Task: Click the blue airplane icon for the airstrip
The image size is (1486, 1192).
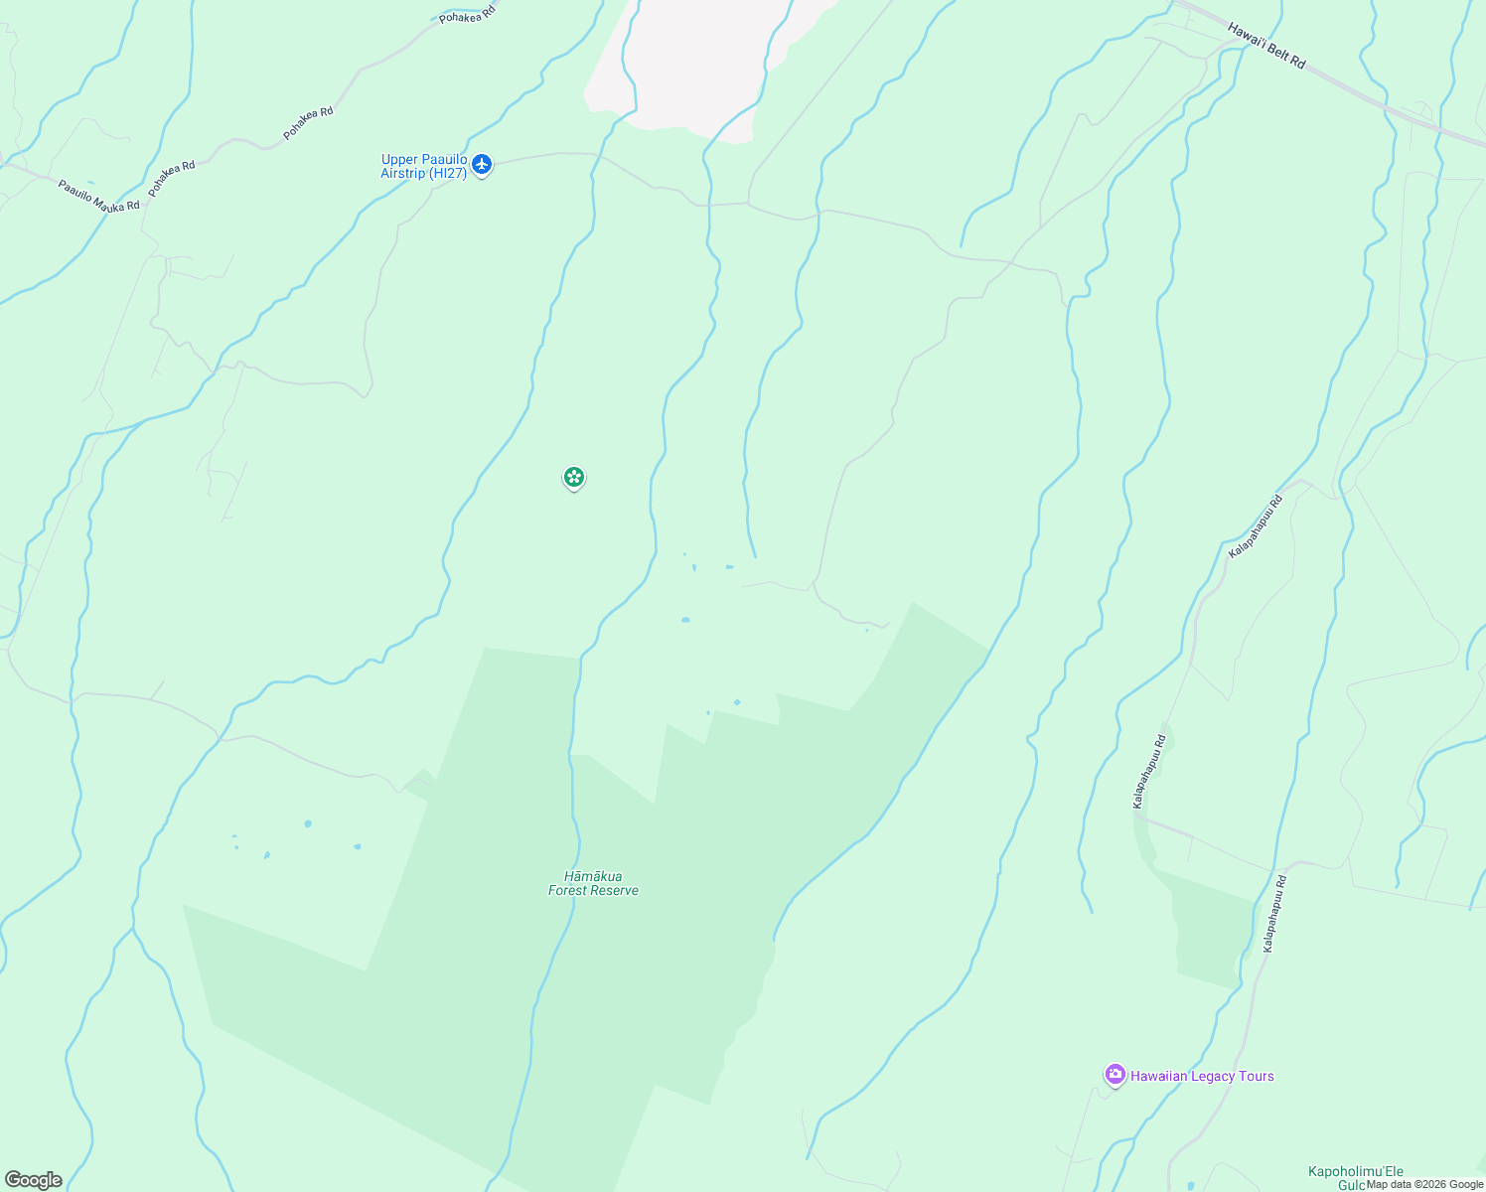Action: click(482, 164)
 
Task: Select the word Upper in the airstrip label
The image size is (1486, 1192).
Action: click(397, 160)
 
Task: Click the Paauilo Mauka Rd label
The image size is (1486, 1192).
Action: click(98, 196)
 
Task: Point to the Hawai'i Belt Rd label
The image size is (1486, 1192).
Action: click(1266, 46)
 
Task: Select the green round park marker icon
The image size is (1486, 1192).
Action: click(573, 478)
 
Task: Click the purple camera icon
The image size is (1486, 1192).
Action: click(1114, 1075)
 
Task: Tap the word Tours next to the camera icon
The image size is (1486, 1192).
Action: click(1257, 1076)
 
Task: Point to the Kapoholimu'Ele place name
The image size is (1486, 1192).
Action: click(1356, 1172)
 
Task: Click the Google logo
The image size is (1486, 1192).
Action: click(34, 1180)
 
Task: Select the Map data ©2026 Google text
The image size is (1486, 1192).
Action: click(1424, 1184)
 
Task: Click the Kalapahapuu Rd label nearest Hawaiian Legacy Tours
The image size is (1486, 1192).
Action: click(1274, 914)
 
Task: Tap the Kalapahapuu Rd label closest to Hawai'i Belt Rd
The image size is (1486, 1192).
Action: click(1256, 526)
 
